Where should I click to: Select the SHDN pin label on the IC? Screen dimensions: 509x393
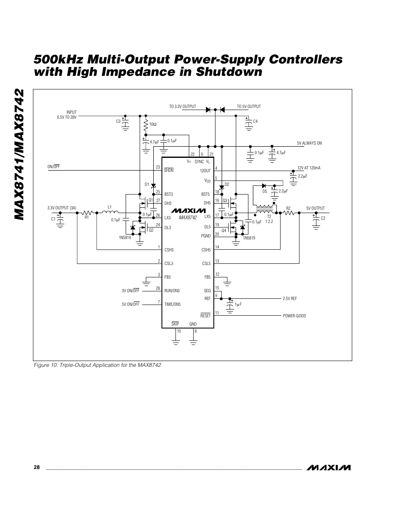tap(168, 170)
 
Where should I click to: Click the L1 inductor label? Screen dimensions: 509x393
tap(110, 207)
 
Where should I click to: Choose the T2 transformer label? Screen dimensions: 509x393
tap(269, 217)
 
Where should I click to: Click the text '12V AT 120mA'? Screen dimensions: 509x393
tap(309, 168)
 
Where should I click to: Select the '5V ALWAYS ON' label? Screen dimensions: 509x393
tap(309, 143)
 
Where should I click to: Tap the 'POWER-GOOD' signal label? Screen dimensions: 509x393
tap(294, 316)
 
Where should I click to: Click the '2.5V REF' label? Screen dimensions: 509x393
tap(290, 298)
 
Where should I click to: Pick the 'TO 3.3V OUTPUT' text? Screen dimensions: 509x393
tap(182, 106)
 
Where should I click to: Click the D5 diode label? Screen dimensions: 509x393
tap(265, 191)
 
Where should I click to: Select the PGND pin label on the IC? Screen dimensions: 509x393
tap(206, 236)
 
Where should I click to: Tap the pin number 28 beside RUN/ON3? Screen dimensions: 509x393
tap(158, 288)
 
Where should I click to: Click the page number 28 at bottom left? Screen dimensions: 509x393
tap(37, 467)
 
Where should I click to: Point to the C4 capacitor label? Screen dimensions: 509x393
tap(255, 121)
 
